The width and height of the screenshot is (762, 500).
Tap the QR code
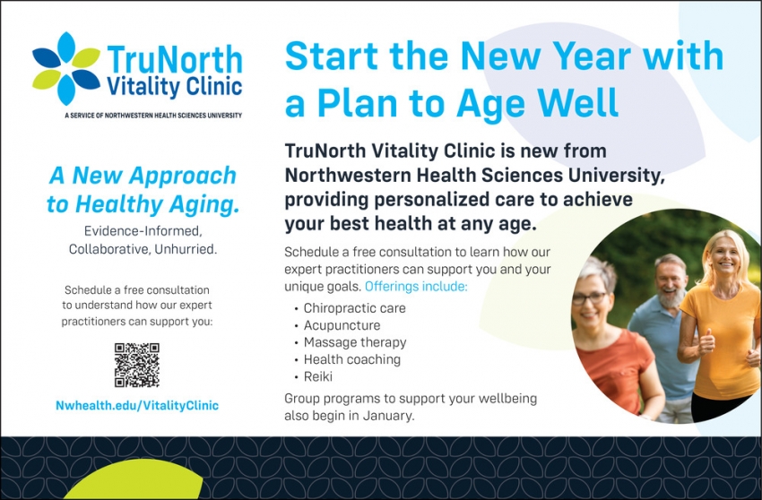coord(136,365)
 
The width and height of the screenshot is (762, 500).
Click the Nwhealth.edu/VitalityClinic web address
coord(136,405)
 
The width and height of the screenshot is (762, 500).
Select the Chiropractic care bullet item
coord(354,308)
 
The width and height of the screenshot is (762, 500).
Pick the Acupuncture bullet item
coord(342,325)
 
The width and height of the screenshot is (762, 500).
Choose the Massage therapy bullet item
coord(354,342)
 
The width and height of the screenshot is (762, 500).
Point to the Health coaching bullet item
coord(351,359)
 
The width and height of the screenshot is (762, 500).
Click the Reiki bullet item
coord(317,376)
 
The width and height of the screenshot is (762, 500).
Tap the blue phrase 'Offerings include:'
coord(416,287)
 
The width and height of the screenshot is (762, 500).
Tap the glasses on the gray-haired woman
coord(590,297)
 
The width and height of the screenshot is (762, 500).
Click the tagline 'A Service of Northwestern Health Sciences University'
coord(153,115)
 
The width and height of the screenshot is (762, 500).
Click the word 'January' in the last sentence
coord(390,416)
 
